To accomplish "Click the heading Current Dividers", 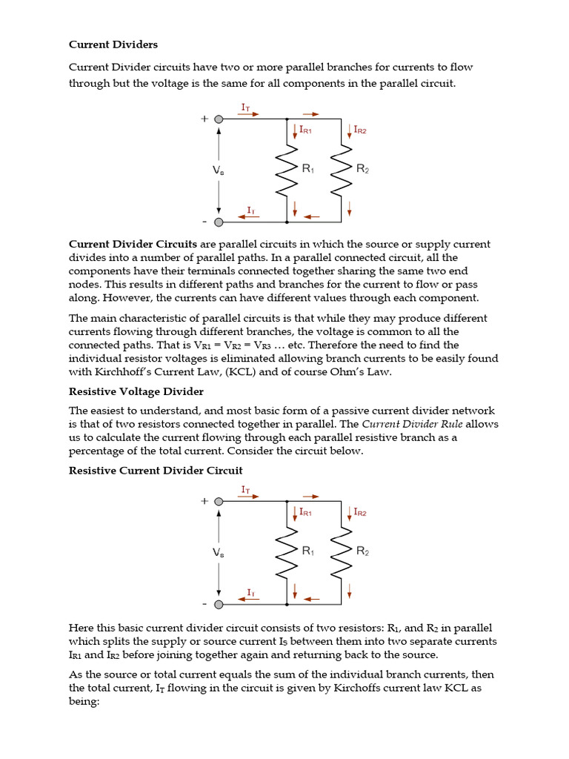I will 113,44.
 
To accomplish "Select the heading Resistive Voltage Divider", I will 136,391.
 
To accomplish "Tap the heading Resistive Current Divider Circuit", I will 156,470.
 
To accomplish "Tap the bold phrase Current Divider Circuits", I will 133,244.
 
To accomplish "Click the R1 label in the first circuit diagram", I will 308,169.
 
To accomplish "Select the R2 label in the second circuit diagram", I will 362,551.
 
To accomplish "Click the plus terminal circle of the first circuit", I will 219,119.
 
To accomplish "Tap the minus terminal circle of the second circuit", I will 219,604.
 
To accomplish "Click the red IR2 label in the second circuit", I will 360,511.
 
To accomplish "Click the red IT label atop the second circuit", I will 246,489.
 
